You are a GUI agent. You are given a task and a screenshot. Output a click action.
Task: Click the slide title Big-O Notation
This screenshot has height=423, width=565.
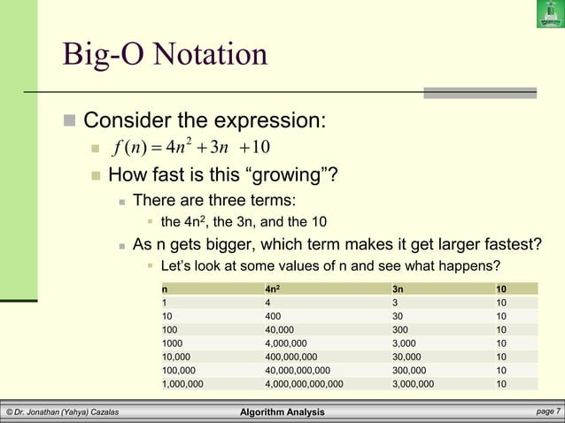(165, 55)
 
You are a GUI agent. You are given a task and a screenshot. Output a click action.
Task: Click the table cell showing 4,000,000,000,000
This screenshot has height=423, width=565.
(304, 384)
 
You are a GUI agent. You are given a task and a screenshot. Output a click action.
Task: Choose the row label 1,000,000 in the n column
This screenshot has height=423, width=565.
(182, 384)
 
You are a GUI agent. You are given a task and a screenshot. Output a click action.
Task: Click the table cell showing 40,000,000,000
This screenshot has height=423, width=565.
(298, 370)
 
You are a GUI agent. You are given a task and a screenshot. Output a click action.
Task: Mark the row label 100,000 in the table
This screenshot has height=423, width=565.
(180, 370)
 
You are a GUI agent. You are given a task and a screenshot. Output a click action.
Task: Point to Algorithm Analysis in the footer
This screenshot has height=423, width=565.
(282, 412)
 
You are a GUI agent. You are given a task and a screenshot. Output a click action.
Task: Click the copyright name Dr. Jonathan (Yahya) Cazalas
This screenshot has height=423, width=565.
(63, 412)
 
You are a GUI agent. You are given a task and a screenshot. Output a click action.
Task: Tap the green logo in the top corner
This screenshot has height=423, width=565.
(549, 14)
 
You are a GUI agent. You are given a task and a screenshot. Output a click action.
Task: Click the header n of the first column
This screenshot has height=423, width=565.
(165, 288)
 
